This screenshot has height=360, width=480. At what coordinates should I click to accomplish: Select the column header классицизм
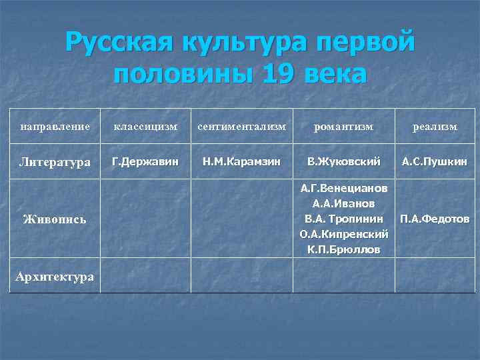pos(145,127)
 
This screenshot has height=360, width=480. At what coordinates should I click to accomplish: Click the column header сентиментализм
pos(241,127)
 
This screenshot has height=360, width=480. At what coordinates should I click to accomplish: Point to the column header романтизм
pos(344,127)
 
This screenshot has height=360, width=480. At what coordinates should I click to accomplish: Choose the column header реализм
pos(435,127)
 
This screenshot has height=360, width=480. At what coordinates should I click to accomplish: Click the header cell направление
pos(55,127)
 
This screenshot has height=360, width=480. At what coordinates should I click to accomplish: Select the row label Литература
pos(55,162)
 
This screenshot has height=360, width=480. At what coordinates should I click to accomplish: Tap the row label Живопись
pos(55,219)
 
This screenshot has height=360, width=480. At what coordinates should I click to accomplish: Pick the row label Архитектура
pos(55,277)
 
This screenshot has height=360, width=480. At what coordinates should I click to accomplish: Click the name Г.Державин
pos(145,161)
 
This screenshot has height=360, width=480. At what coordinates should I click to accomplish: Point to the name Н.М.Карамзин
pos(241,161)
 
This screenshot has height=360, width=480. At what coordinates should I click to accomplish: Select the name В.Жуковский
pos(344,161)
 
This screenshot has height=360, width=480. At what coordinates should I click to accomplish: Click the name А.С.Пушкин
pos(435,161)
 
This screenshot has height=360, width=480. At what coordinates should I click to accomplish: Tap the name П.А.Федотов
pos(435,219)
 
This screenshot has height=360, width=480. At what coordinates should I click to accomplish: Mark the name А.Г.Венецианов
pos(344,189)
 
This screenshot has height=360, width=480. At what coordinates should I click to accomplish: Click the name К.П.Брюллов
pos(344,250)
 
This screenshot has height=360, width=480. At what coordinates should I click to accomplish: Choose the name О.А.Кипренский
pos(344,235)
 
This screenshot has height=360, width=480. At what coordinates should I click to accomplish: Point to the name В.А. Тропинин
pos(344,219)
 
